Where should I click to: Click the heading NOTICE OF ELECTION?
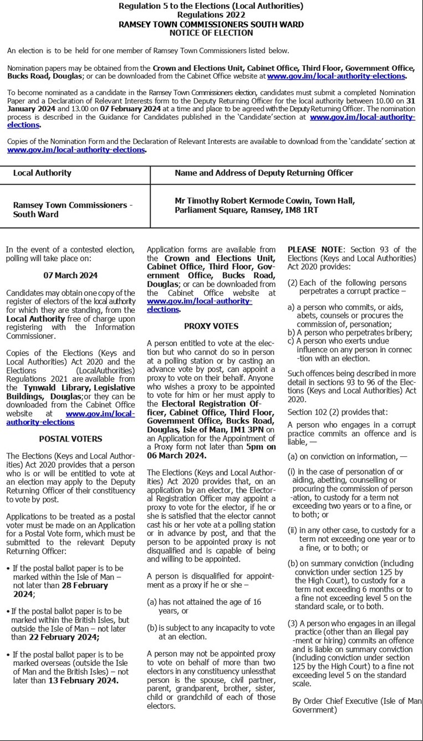point(211,33)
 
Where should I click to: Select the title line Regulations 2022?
point(211,15)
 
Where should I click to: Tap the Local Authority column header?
point(42,173)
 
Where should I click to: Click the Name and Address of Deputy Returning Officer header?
point(264,173)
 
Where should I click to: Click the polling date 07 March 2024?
point(70,275)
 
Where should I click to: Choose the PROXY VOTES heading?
point(211,326)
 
